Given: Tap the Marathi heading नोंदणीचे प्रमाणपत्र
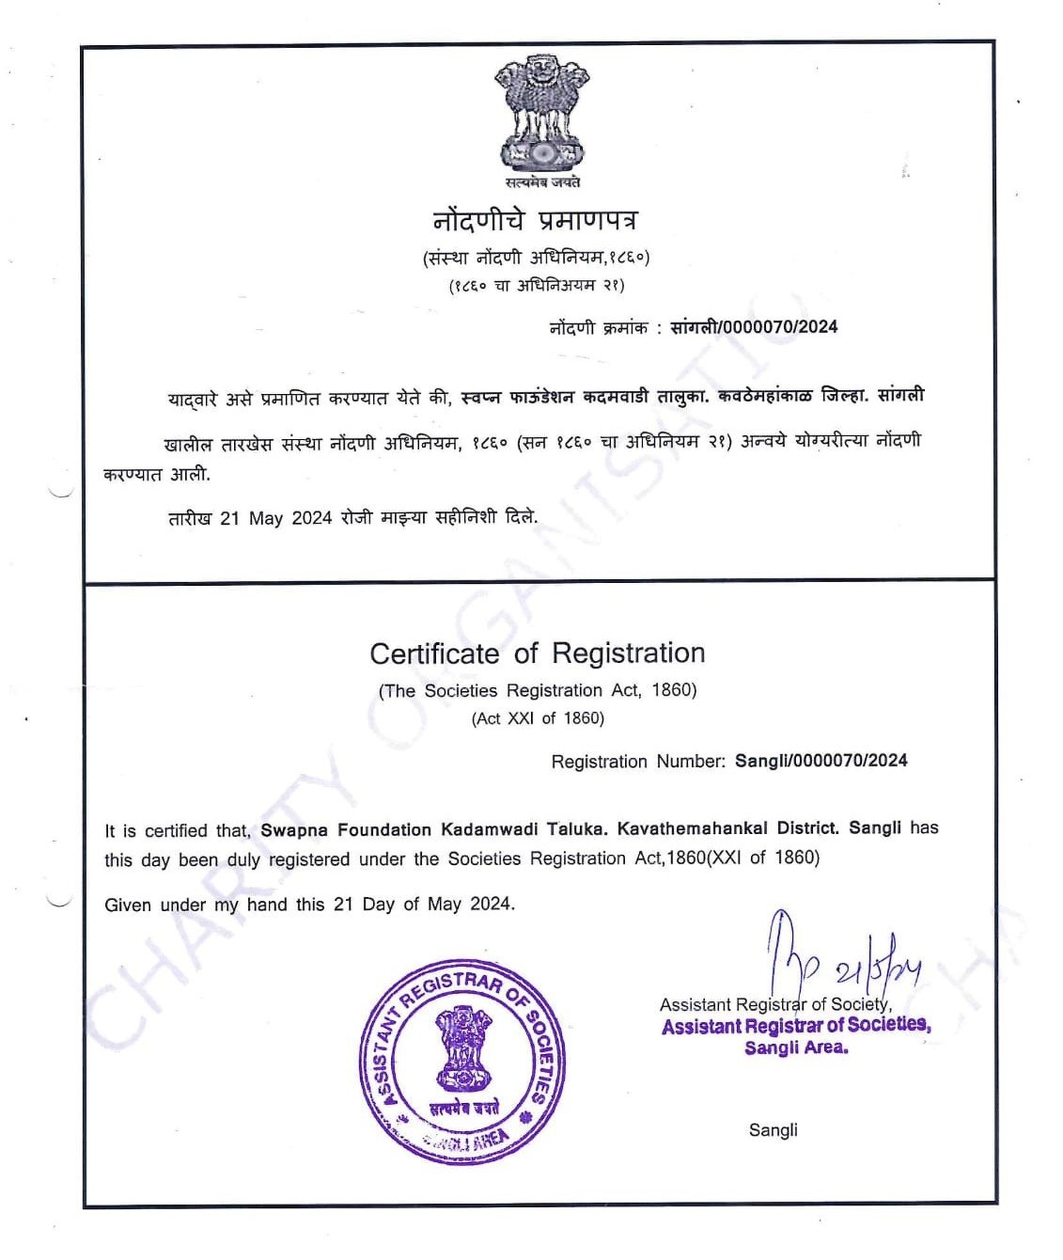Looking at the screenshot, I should pyautogui.click(x=535, y=221).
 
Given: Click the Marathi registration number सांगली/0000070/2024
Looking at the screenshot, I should pyautogui.click(x=754, y=327).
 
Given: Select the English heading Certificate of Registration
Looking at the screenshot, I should pyautogui.click(x=537, y=654).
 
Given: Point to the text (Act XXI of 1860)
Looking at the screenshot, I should pyautogui.click(x=538, y=718).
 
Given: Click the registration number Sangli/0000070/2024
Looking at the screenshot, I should pyautogui.click(x=821, y=761).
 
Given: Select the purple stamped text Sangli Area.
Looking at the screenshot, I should pyautogui.click(x=796, y=1047).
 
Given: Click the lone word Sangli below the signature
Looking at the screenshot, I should pyautogui.click(x=773, y=1130).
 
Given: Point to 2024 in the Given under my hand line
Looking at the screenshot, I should pyautogui.click(x=491, y=905).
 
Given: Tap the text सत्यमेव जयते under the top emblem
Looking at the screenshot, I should pyautogui.click(x=541, y=182).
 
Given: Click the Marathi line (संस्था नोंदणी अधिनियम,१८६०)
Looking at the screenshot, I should pyautogui.click(x=536, y=258).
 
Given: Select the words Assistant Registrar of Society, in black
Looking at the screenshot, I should pyautogui.click(x=775, y=1004).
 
